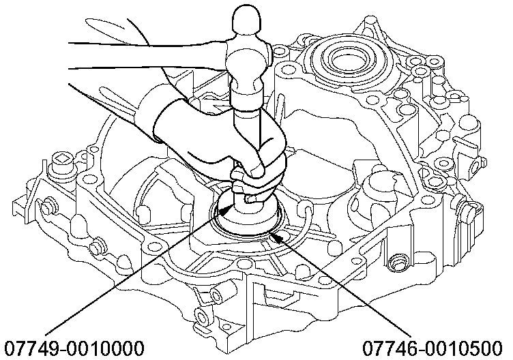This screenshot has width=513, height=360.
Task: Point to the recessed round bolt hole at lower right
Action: [x=398, y=261]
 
